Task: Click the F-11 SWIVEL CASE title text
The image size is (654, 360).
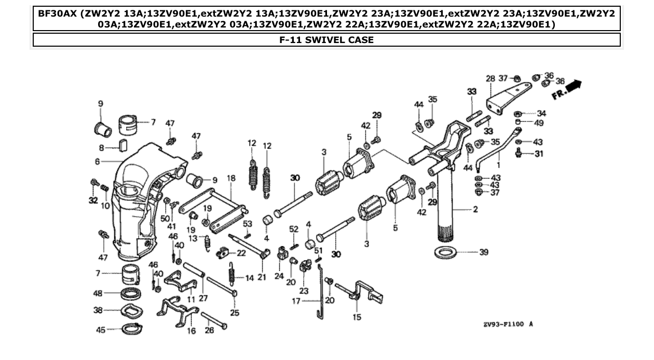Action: click(326, 40)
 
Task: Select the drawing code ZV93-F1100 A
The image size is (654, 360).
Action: click(508, 324)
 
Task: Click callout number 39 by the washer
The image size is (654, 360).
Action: click(483, 253)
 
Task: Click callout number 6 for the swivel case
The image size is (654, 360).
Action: click(97, 162)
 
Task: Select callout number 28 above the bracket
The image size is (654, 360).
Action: click(491, 79)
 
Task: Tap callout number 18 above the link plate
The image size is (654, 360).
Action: click(231, 178)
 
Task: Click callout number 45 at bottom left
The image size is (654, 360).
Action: click(101, 329)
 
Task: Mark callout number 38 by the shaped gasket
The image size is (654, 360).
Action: click(98, 311)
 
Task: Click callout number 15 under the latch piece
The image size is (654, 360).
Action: click(357, 317)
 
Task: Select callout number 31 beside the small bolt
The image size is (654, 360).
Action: click(539, 154)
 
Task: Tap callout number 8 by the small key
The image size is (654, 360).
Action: click(101, 147)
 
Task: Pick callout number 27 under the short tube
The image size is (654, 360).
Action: click(202, 298)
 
